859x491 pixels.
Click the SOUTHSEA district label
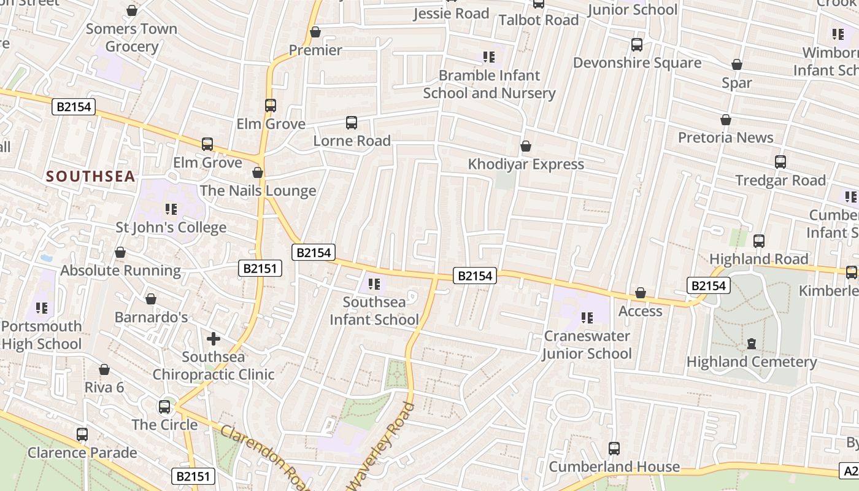(x=90, y=177)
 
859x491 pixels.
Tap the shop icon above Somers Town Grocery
(x=131, y=10)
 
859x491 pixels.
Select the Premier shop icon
(x=315, y=32)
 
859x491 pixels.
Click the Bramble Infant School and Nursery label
(x=489, y=84)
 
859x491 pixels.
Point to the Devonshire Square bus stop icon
(x=637, y=45)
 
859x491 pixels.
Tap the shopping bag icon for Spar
(x=737, y=64)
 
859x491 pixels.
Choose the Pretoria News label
(x=725, y=137)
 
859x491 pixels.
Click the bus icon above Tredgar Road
(x=780, y=162)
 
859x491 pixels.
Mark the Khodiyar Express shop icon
(x=526, y=146)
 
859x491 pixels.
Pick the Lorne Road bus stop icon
(x=352, y=123)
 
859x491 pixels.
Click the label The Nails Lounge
(x=258, y=191)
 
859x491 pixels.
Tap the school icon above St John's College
(x=171, y=209)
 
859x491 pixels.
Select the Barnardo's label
(x=152, y=317)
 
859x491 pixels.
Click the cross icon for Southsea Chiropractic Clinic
(x=214, y=339)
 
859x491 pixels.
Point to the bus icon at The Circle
(x=164, y=406)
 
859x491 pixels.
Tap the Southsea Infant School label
(x=374, y=311)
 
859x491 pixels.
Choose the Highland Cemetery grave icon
(x=752, y=344)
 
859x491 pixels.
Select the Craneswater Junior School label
(x=587, y=344)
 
